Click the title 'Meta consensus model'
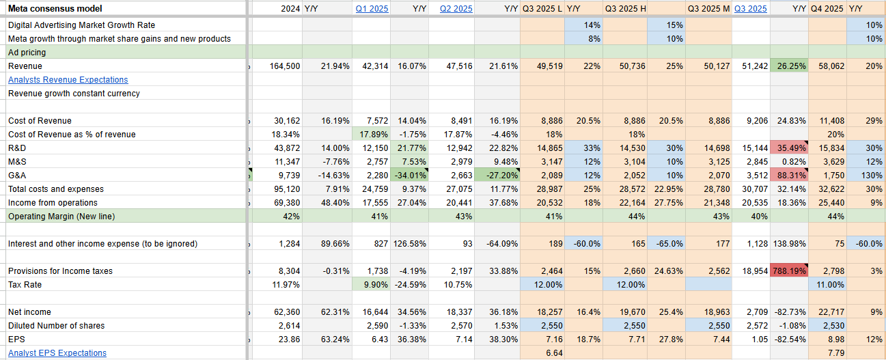coord(55,9)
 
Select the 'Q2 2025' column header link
coord(456,9)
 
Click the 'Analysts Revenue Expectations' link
coord(59,80)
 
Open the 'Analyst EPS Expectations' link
coord(57,353)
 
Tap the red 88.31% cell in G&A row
coord(790,176)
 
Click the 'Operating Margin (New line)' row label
coord(61,217)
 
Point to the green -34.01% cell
coord(411,176)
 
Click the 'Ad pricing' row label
coord(27,53)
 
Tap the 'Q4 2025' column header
coord(826,9)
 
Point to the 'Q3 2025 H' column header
coord(625,9)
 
